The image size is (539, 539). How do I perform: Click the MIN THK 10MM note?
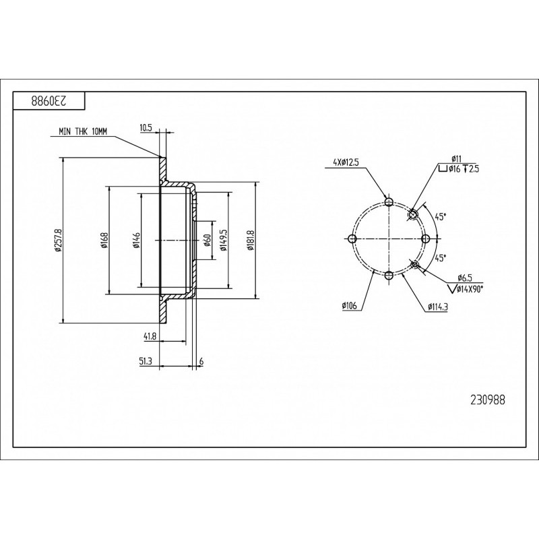83,131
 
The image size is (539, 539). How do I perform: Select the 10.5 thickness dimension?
146,127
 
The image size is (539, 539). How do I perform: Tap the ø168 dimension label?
104,241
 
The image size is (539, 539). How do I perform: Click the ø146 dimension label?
137,241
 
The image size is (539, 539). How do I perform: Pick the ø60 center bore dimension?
207,240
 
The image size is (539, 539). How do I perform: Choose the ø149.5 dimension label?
224,240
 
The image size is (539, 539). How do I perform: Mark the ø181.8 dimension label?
251,241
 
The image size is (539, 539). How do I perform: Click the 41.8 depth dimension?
150,336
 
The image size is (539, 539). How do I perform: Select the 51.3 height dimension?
146,361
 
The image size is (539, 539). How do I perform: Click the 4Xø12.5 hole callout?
346,162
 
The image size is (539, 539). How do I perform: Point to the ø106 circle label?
350,306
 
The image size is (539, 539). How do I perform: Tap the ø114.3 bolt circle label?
437,307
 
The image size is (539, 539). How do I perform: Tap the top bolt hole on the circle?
389,201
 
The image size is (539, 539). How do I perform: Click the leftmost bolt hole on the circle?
352,239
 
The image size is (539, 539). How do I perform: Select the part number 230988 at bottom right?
487,400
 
